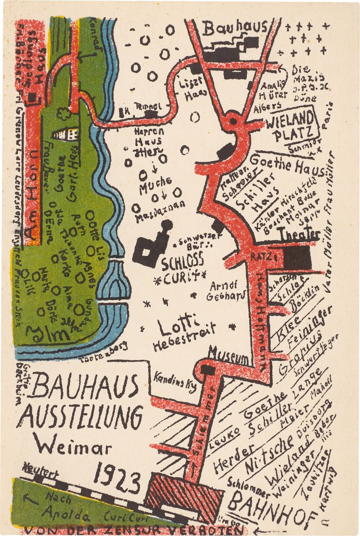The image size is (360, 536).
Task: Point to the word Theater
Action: coord(298,234)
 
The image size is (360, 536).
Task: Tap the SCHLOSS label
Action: coord(183,262)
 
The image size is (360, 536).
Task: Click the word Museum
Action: coord(228,358)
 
